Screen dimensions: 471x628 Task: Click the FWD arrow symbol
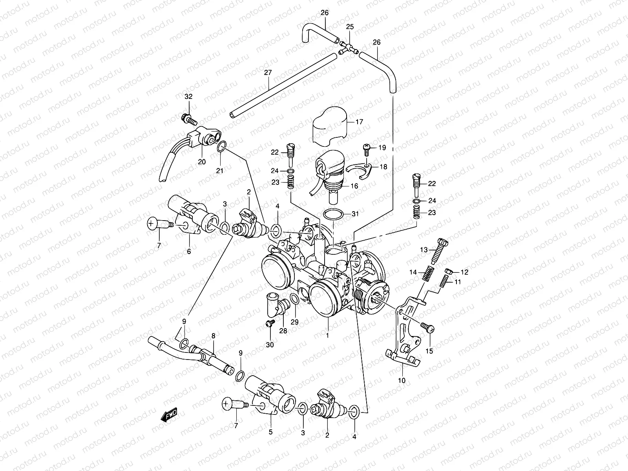pos(169,415)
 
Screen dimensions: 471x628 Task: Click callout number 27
pos(268,73)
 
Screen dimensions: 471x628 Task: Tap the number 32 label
pos(189,97)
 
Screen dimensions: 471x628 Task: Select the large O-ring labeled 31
pos(333,215)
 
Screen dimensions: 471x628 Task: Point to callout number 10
pos(402,380)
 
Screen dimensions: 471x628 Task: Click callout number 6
pos(189,252)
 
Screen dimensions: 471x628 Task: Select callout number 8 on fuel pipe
pos(213,336)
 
